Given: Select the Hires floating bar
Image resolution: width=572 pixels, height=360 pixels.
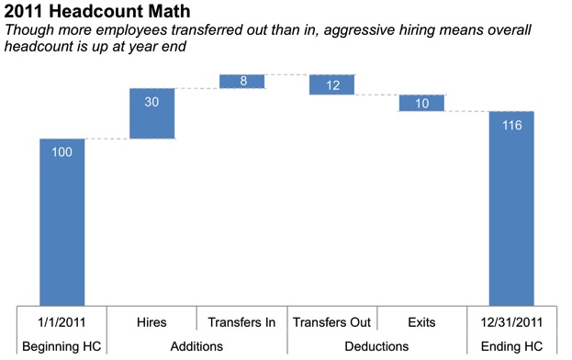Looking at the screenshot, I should click(152, 114).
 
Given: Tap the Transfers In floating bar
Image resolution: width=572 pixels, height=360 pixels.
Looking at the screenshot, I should click(242, 82).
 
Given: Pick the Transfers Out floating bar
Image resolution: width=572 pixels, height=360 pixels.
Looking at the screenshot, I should click(332, 84).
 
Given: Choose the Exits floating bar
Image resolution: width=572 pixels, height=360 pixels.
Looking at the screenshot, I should click(421, 103).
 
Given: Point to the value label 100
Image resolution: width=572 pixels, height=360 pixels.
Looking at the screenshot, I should click(62, 152).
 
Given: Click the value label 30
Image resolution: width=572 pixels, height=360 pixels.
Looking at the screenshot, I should click(152, 102).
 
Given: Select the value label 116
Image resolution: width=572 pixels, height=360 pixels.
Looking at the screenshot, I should click(511, 125).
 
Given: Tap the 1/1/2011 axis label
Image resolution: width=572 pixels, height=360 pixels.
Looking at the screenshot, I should click(62, 322).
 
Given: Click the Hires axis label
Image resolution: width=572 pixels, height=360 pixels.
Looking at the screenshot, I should click(152, 322).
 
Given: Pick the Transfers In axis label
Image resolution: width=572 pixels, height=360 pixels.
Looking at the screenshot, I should click(242, 322).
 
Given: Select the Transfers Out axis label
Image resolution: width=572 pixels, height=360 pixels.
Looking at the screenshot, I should click(332, 322).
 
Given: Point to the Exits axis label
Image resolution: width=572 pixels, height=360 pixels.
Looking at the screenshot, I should click(421, 322).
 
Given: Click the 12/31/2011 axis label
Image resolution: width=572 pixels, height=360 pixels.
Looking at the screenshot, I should click(511, 322).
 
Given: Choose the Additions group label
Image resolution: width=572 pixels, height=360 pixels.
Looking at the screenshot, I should click(197, 345).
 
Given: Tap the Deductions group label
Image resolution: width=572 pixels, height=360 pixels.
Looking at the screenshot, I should click(376, 345).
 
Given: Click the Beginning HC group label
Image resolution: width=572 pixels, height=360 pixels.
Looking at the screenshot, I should click(62, 345).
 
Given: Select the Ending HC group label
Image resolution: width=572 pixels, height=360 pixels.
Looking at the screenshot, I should click(511, 345).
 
